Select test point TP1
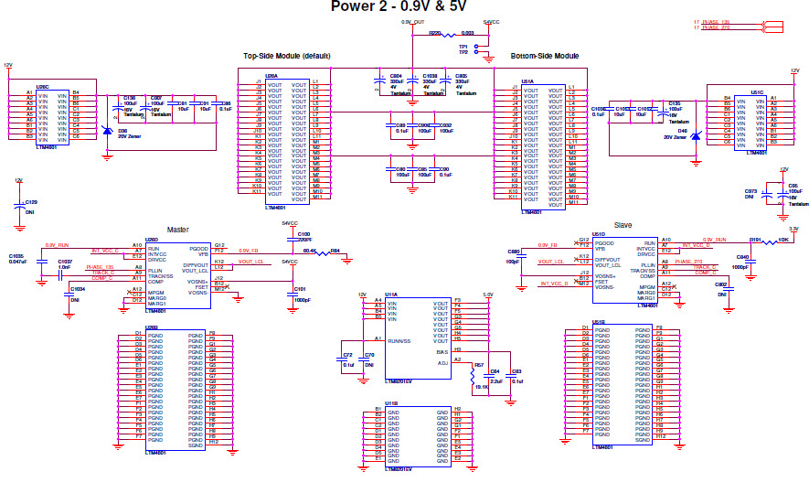[x=463, y=46]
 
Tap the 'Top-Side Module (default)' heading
[x=286, y=56]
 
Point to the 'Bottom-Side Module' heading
[x=545, y=56]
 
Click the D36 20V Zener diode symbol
[x=109, y=131]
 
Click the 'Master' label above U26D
[x=177, y=230]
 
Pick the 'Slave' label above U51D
[x=622, y=224]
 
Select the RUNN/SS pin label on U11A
[x=398, y=341]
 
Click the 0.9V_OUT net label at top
[x=413, y=20]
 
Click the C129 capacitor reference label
[x=31, y=201]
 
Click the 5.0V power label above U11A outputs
[x=487, y=295]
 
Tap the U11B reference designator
[x=390, y=402]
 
